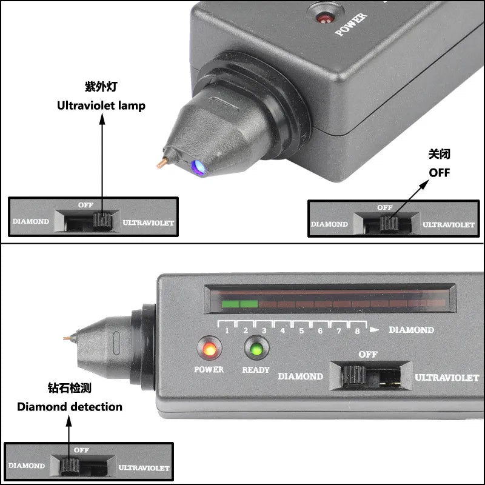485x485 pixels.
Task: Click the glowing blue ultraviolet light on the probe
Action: pyautogui.click(x=196, y=166)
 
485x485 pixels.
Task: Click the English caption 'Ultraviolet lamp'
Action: pyautogui.click(x=101, y=105)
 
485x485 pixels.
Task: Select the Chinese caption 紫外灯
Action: pyautogui.click(x=101, y=87)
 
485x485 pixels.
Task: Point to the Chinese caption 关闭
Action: pyautogui.click(x=440, y=155)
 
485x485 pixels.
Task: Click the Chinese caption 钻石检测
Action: pyautogui.click(x=69, y=388)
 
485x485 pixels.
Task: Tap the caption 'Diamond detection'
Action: pyautogui.click(x=69, y=407)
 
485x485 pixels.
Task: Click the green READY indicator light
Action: pyautogui.click(x=256, y=350)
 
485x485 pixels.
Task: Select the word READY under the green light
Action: pyautogui.click(x=256, y=369)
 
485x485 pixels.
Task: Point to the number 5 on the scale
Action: pyautogui.click(x=301, y=331)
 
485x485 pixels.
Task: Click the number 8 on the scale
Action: pyautogui.click(x=357, y=331)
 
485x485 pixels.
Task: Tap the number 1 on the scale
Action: pyautogui.click(x=227, y=331)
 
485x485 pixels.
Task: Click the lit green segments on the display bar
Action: pyautogui.click(x=240, y=304)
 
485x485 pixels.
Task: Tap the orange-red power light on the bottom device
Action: pyautogui.click(x=209, y=350)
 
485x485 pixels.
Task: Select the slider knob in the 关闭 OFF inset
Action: pyautogui.click(x=389, y=224)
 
